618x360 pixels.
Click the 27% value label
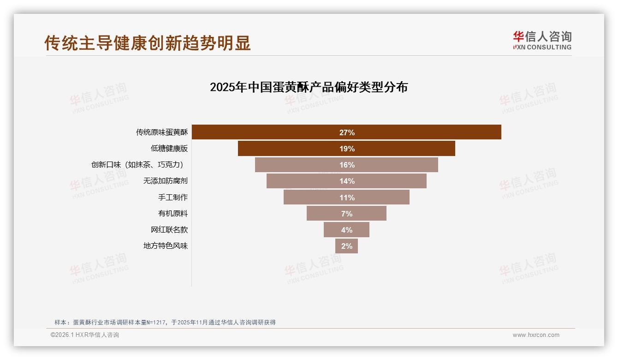[347, 132]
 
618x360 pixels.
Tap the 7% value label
[347, 214]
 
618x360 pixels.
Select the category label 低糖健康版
[169, 149]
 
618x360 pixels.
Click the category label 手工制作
[173, 197]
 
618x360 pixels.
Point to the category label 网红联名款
[169, 229]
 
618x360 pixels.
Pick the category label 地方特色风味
[166, 246]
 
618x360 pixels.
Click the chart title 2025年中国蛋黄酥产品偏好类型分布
[309, 87]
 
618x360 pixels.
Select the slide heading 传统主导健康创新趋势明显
[148, 43]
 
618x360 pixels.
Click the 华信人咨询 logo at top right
[542, 40]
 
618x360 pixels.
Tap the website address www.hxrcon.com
[536, 335]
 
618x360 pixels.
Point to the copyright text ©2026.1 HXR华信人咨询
[84, 335]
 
